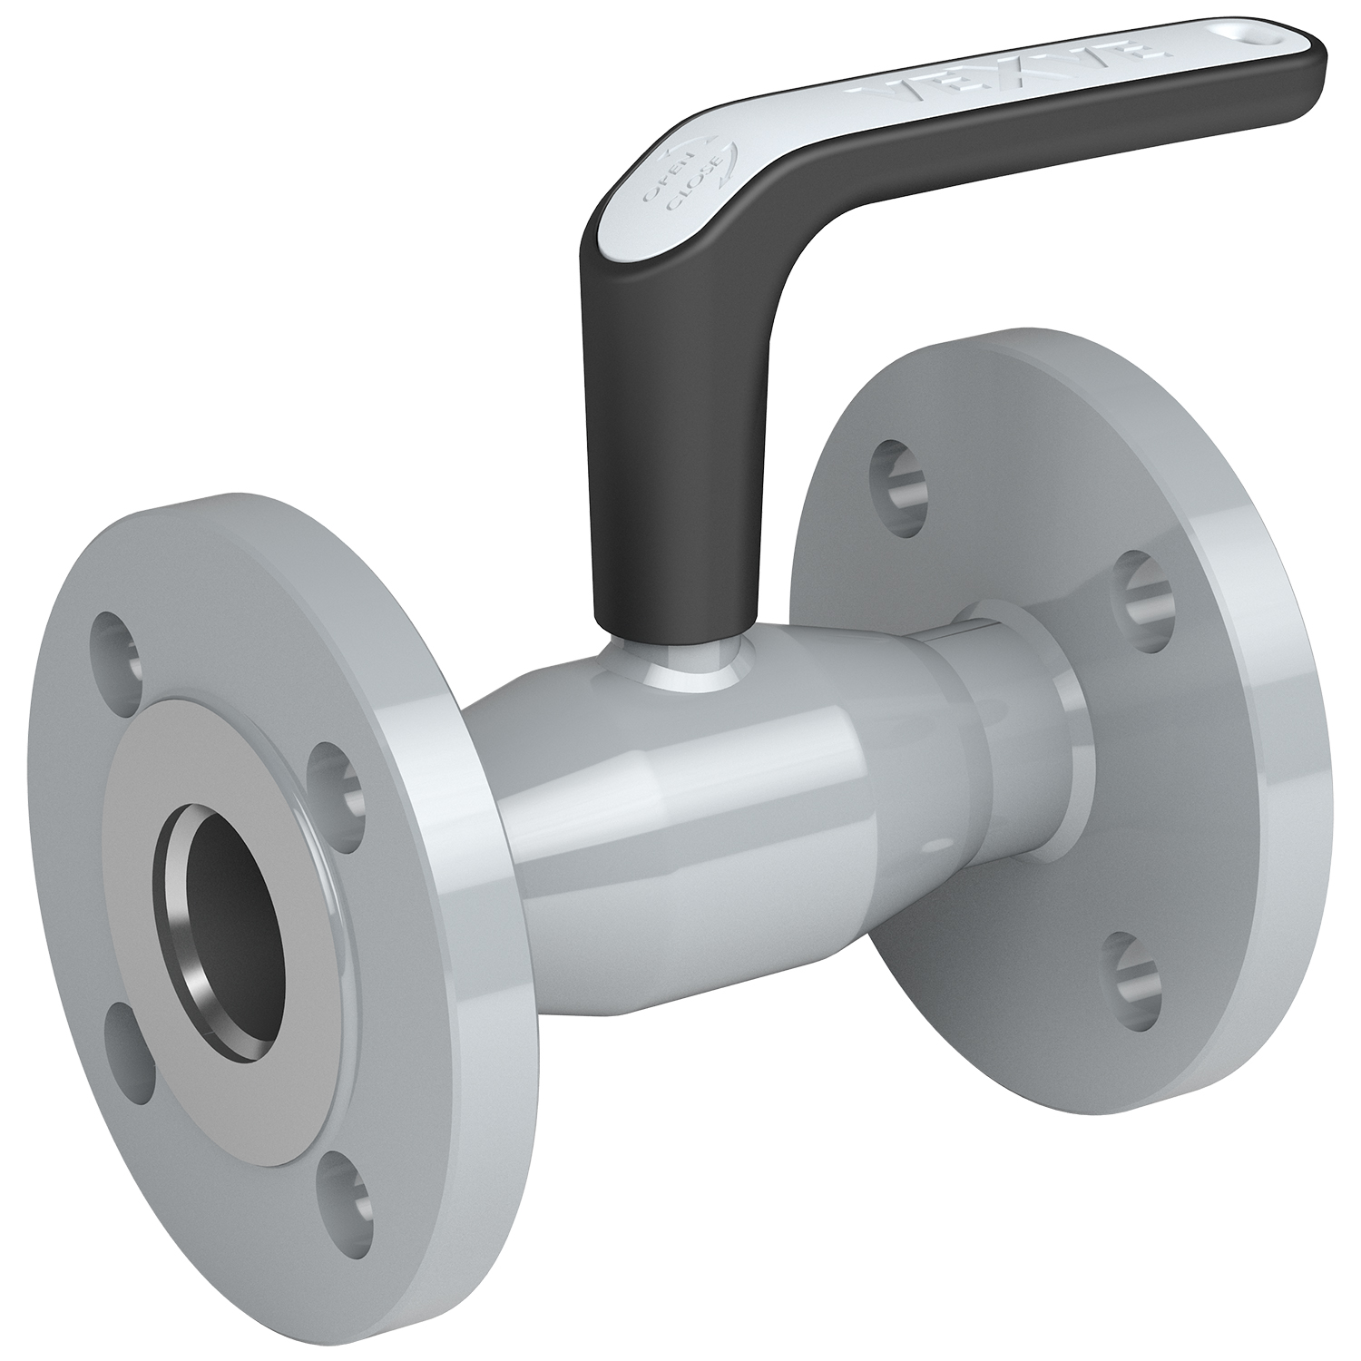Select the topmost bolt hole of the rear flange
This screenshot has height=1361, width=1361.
pyautogui.click(x=898, y=477)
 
